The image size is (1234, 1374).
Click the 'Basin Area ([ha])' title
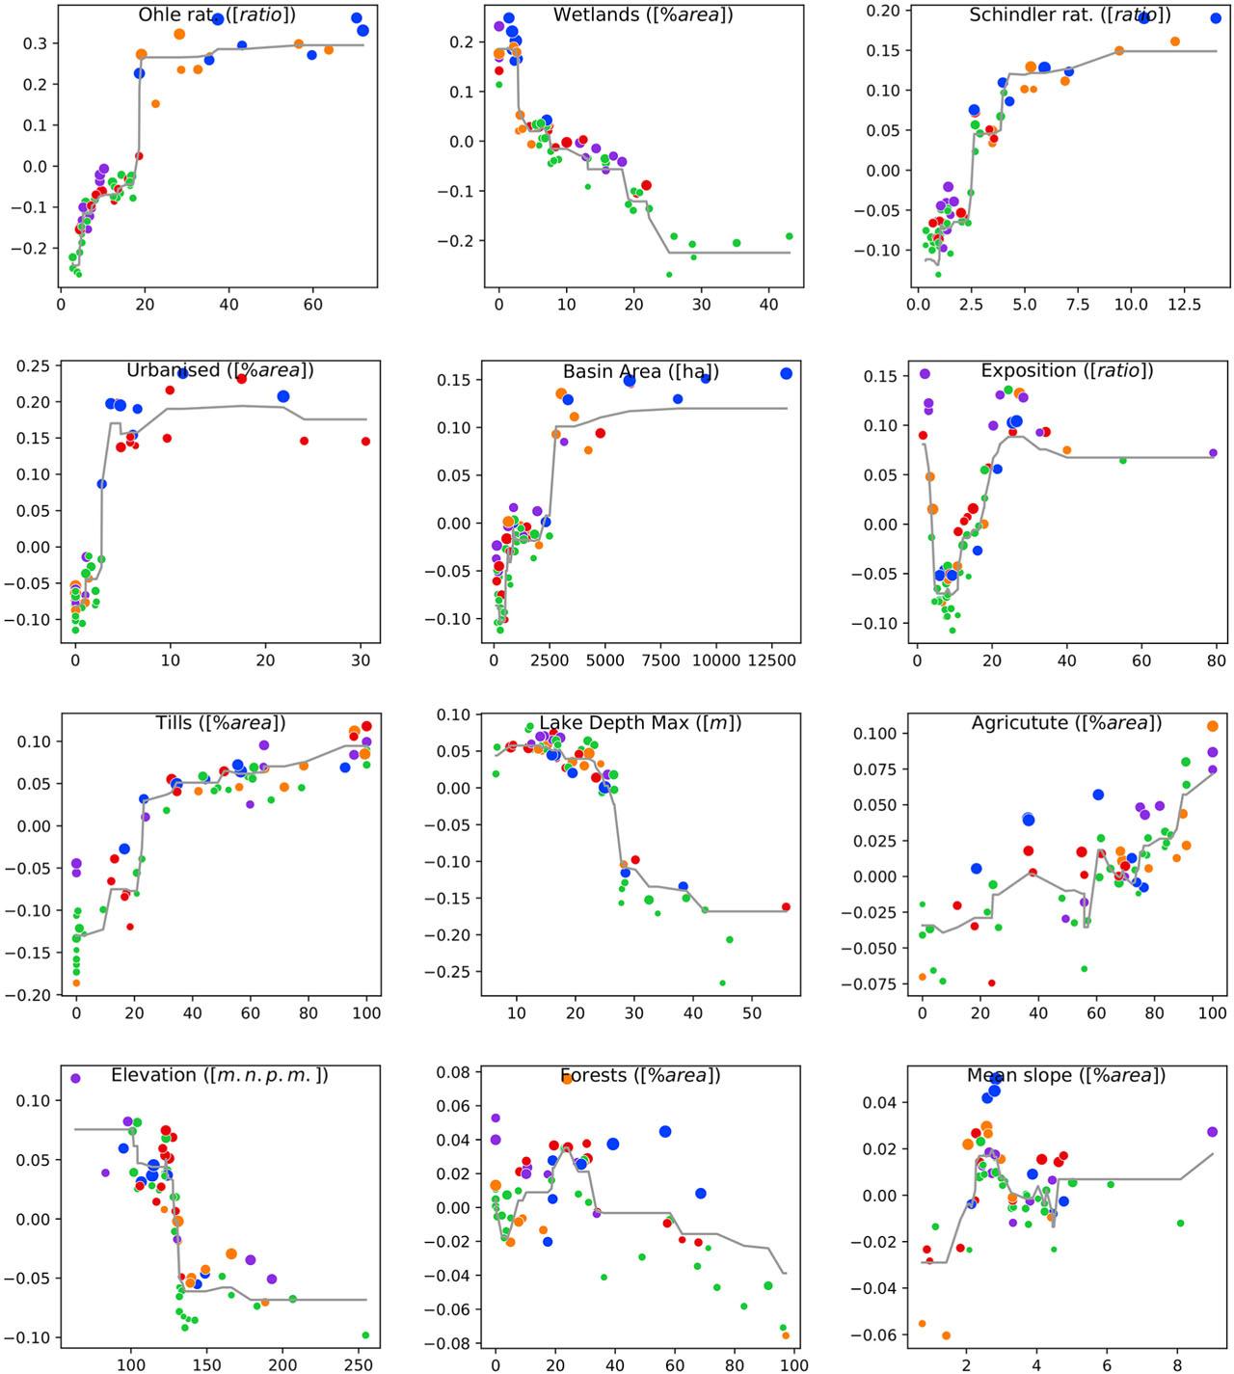coord(641,371)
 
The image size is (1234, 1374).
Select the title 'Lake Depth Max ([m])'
coord(640,723)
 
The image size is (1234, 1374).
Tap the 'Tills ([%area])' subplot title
coord(221,723)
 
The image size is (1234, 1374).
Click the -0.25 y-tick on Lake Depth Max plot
coord(458,972)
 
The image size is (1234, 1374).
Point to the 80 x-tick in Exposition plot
coord(1217,661)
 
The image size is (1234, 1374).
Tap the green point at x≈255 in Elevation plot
coord(365,1335)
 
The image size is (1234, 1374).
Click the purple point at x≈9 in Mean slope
coord(1212,1132)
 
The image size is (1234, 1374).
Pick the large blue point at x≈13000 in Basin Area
coord(786,373)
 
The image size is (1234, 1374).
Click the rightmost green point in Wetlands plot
coord(789,235)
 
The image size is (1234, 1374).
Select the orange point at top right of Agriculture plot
coord(1213,726)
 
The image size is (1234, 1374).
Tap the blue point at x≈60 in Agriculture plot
coord(1098,795)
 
